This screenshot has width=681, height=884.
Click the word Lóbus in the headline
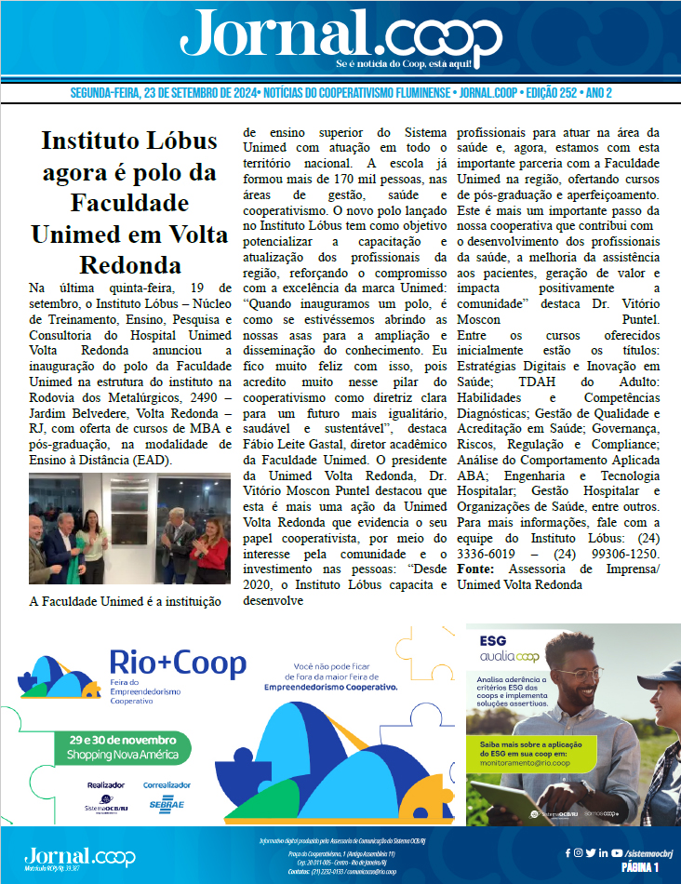coord(179,142)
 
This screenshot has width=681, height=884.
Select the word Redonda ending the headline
coord(129,263)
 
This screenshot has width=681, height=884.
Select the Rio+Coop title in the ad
coord(179,663)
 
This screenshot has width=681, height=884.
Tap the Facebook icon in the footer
coord(568,852)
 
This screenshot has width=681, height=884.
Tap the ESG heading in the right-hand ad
coord(494,642)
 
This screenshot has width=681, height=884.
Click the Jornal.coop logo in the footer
coord(79,856)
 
